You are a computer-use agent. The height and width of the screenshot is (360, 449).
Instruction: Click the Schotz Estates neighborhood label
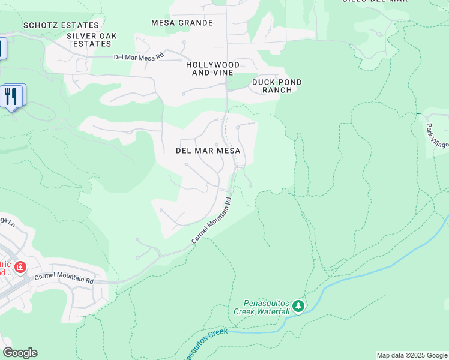pyautogui.click(x=61, y=25)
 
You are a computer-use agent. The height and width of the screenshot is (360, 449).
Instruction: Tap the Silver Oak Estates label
pyautogui.click(x=92, y=40)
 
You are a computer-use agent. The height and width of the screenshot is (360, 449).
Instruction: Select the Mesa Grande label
pyautogui.click(x=182, y=23)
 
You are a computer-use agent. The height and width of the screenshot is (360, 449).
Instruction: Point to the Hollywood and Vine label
pyautogui.click(x=212, y=68)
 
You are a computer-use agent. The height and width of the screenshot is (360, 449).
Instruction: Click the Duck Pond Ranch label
pyautogui.click(x=277, y=86)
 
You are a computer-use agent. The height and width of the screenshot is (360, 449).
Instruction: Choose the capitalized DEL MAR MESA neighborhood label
pyautogui.click(x=208, y=151)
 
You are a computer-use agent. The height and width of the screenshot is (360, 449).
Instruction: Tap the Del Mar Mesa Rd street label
pyautogui.click(x=139, y=58)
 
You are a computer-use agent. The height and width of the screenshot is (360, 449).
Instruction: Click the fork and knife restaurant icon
pyautogui.click(x=11, y=96)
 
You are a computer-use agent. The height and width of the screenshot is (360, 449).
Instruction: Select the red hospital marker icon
pyautogui.click(x=20, y=266)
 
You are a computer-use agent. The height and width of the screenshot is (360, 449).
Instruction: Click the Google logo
pyautogui.click(x=20, y=353)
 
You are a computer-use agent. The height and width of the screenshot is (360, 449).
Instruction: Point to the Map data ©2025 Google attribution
pyautogui.click(x=412, y=355)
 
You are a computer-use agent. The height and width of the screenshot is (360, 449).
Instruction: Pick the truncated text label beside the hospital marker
pyautogui.click(x=5, y=268)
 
